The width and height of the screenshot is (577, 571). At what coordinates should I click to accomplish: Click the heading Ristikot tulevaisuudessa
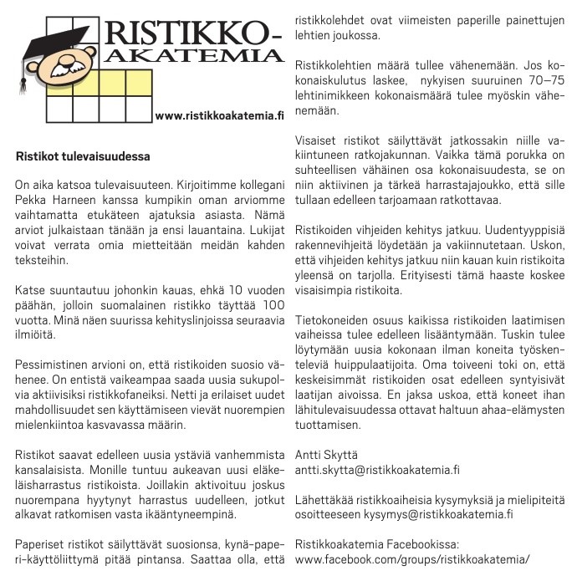[x=83, y=155]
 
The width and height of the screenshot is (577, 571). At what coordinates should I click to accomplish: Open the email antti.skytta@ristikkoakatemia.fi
[x=378, y=470]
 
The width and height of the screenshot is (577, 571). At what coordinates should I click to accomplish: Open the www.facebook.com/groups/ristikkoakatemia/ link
[x=412, y=559]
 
